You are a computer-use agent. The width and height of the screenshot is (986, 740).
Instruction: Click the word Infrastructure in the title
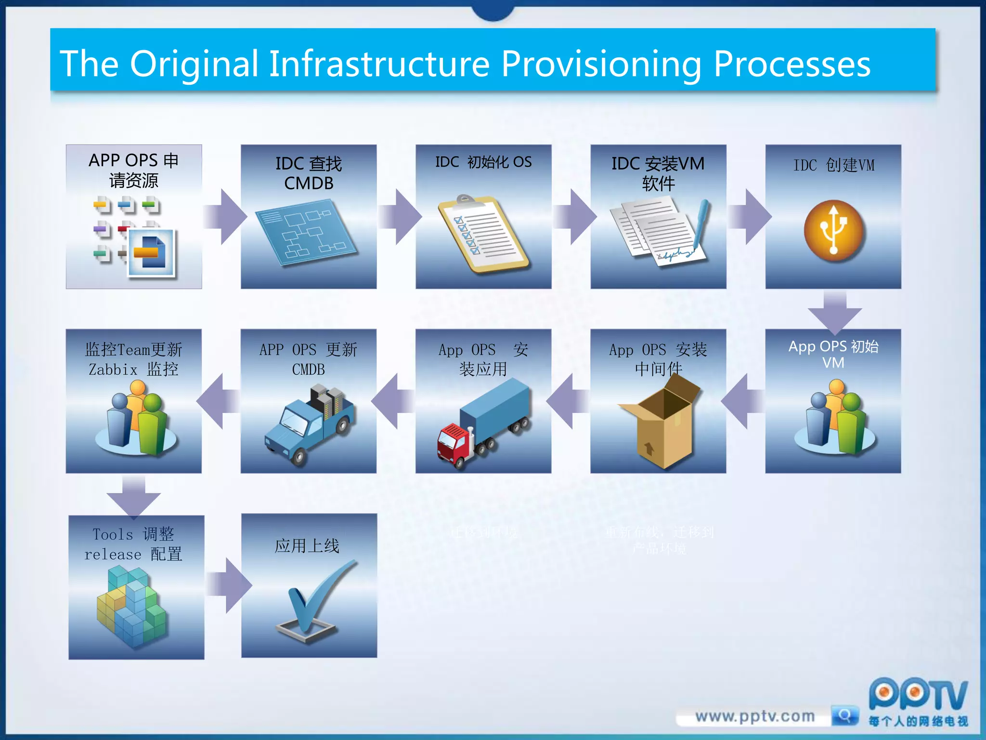[x=379, y=64]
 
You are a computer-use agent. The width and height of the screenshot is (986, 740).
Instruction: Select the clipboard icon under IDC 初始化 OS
[x=483, y=234]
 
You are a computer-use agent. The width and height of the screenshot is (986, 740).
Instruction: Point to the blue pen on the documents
[x=701, y=222]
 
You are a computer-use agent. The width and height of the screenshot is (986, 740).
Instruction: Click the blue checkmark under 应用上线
[x=313, y=597]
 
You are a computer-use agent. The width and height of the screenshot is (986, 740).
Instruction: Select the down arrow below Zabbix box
[x=133, y=496]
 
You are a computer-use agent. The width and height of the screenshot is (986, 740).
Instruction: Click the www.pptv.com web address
[x=754, y=716]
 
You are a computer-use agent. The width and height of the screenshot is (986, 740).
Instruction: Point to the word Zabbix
[x=113, y=370]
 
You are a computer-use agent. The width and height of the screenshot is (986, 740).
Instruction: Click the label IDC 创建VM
[x=833, y=165]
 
